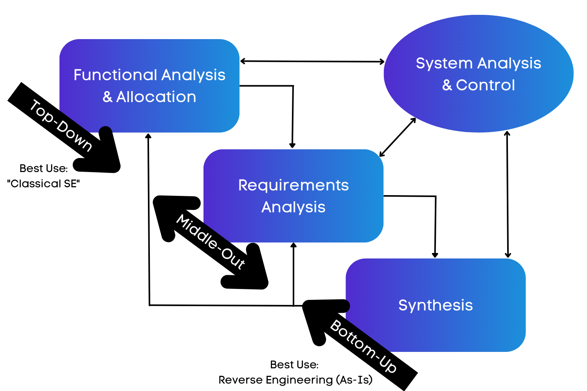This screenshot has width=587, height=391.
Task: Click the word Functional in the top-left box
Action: pyautogui.click(x=115, y=75)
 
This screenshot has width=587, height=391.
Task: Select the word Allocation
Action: pyautogui.click(x=156, y=97)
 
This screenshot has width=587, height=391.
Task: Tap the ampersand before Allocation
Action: pyautogui.click(x=108, y=97)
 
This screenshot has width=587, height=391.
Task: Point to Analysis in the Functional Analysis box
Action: pyautogui.click(x=193, y=75)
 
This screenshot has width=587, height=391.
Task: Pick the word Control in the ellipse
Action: pyautogui.click(x=485, y=85)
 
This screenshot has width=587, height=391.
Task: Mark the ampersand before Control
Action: pyautogui.click(x=447, y=85)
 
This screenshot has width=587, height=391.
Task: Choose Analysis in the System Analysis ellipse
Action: pyautogui.click(x=509, y=64)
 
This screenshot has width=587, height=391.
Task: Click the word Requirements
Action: pyautogui.click(x=293, y=185)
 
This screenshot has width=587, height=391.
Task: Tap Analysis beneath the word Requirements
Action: pyautogui.click(x=293, y=207)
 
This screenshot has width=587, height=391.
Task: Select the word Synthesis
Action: pyautogui.click(x=436, y=305)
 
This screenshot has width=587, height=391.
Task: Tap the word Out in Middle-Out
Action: pyautogui.click(x=234, y=259)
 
